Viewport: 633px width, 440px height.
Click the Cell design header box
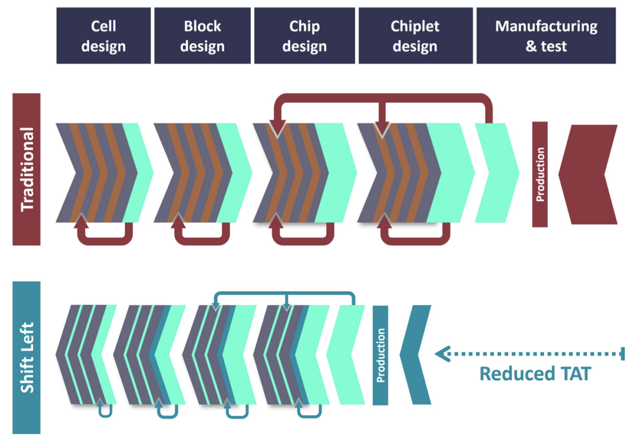pos(103,36)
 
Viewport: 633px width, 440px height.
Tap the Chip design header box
pos(304,36)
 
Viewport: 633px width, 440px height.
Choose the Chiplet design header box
pos(415,36)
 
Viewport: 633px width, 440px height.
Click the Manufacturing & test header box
pos(546,36)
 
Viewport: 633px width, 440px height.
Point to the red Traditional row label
pos(26,169)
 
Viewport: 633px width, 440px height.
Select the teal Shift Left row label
pos(26,357)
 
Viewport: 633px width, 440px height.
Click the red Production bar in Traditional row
pos(540,174)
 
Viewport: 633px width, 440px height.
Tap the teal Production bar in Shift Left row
pos(380,355)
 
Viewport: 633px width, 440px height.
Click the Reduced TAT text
pos(535,374)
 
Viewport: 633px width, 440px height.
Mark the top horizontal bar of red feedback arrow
pos(383,98)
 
